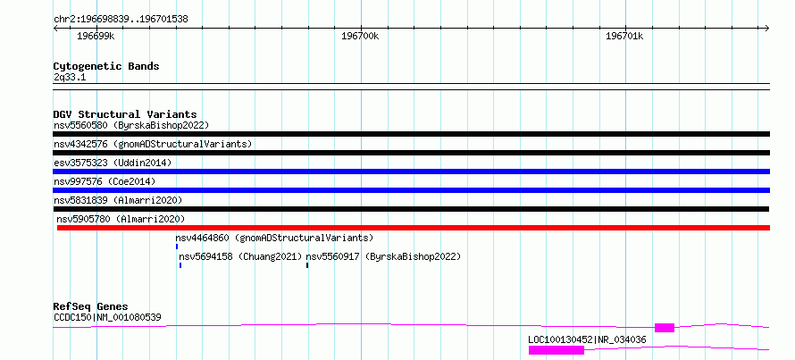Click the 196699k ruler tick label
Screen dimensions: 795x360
[x=96, y=37]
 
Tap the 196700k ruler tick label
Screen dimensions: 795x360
[x=361, y=37]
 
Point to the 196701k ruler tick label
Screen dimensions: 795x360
[x=624, y=37]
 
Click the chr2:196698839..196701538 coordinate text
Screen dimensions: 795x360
[x=121, y=20]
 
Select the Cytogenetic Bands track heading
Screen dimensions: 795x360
[x=106, y=66]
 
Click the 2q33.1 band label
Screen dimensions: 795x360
[x=70, y=78]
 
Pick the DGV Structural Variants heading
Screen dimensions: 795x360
[x=125, y=114]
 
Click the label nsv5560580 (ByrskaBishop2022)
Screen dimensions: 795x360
[x=131, y=125]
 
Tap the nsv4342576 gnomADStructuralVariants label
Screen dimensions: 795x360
[x=153, y=144]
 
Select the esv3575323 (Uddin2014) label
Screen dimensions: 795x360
[x=113, y=163]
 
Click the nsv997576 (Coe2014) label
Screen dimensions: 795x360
[x=105, y=181]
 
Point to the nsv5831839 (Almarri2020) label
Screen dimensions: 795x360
[x=118, y=200]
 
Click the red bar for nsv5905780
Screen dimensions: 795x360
[x=414, y=228]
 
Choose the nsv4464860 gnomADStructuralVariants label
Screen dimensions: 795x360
[x=274, y=238]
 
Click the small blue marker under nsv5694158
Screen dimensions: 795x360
[x=180, y=265]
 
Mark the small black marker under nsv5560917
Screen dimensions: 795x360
[x=307, y=265]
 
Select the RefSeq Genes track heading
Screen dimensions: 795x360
[x=90, y=306]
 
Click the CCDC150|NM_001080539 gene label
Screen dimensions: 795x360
[x=107, y=318]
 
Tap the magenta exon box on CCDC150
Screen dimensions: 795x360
[x=665, y=328]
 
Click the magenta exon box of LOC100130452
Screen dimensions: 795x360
[x=556, y=350]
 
